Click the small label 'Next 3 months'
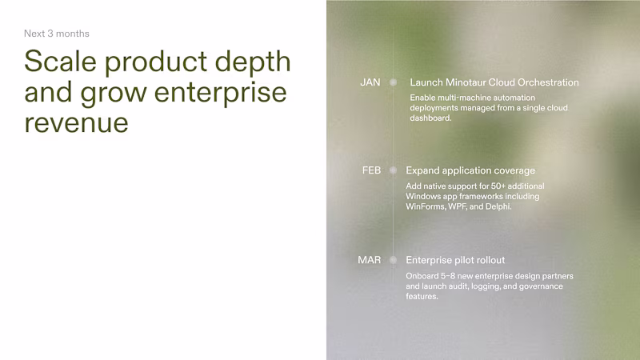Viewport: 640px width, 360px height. point(56,34)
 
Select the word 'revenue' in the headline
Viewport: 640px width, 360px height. point(76,122)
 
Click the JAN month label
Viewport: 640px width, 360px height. point(370,82)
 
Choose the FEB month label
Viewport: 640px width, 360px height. point(371,170)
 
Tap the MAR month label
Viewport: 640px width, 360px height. point(370,260)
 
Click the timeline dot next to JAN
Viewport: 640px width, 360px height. point(393,82)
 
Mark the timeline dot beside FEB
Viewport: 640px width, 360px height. point(393,170)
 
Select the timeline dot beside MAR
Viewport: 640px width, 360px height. point(393,260)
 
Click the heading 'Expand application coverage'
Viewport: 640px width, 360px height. point(470,170)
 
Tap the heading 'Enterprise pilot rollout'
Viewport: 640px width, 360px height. point(455,260)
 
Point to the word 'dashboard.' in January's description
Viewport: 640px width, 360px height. point(431,118)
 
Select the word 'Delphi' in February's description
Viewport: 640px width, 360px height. point(495,206)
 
